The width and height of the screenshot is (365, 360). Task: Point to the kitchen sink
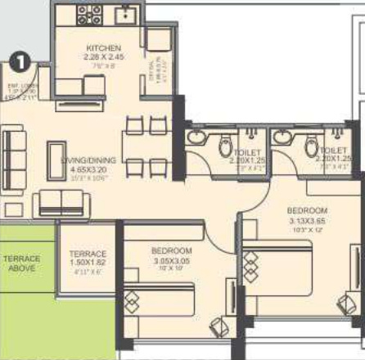click(126, 14)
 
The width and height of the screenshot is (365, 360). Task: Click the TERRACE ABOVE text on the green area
click(21, 263)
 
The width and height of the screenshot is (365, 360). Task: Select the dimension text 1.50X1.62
click(87, 263)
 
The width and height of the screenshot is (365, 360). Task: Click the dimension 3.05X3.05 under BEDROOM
click(171, 259)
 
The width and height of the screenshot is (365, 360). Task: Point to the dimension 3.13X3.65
click(307, 220)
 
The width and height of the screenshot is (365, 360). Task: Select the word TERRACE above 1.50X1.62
click(87, 254)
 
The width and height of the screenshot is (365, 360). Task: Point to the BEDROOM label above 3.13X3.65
click(307, 210)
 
